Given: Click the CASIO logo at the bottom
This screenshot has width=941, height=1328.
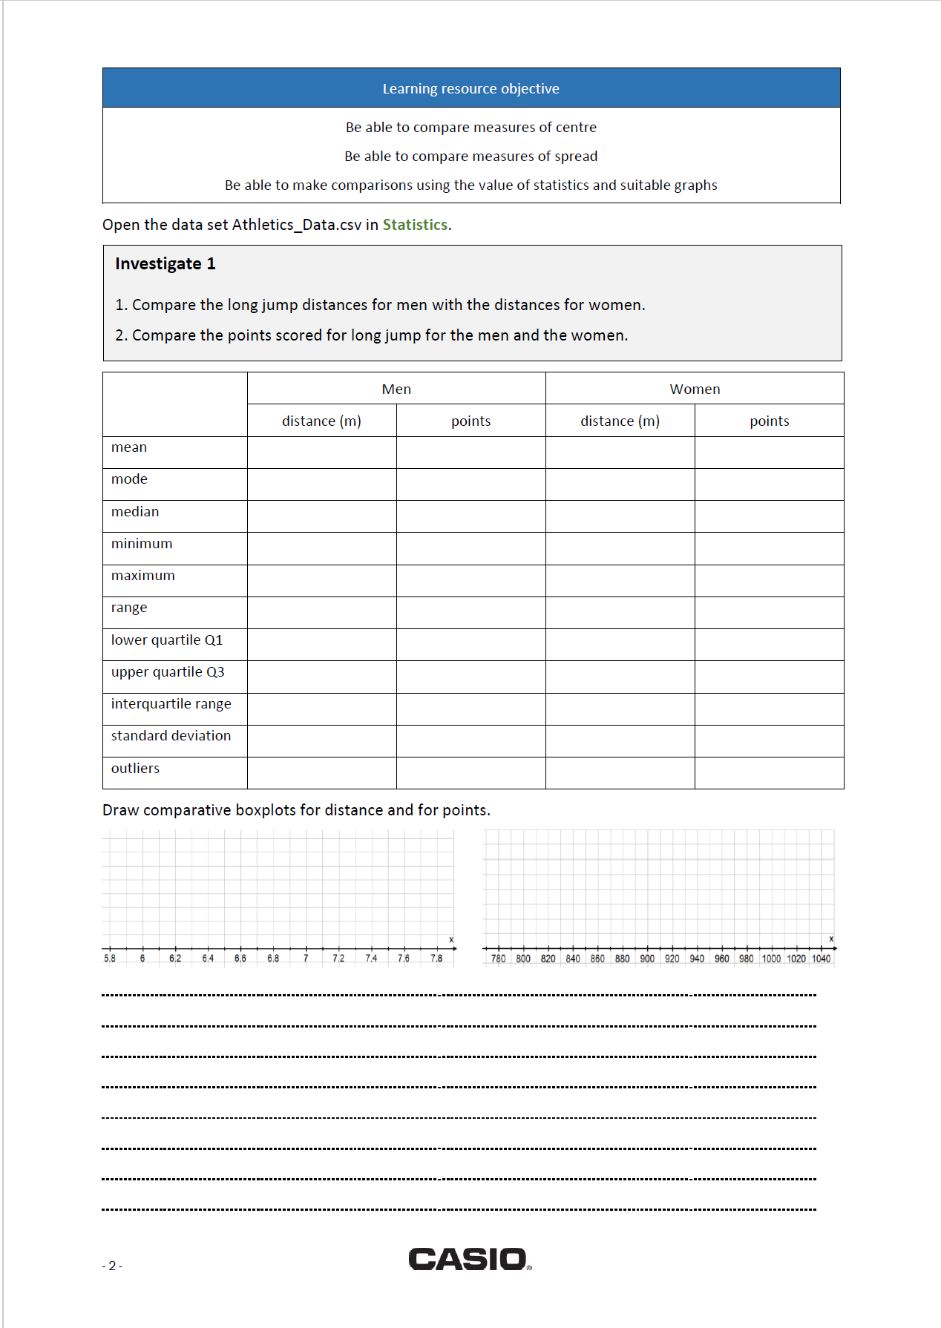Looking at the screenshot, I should tap(470, 1259).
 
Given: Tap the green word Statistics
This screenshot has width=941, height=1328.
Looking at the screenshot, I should tap(415, 225).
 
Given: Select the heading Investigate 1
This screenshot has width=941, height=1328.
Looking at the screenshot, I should tap(165, 264).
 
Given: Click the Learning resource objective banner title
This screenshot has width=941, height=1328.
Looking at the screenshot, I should tap(471, 89).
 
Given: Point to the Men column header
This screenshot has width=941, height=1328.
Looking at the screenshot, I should tap(396, 389).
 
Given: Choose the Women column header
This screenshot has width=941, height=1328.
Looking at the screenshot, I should tap(695, 389).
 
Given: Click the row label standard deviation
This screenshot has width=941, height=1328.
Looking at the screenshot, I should tap(171, 736).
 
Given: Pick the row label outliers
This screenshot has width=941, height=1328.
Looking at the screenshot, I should tap(135, 769).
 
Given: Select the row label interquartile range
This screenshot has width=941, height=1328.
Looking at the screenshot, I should tap(171, 704).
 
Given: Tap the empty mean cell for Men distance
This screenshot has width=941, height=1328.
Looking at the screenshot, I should tap(321, 453).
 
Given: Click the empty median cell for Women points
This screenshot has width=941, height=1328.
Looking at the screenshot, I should tap(769, 516).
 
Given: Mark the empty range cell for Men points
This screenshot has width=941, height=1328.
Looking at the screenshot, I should tap(471, 613).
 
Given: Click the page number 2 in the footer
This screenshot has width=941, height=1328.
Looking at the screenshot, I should tap(112, 1266).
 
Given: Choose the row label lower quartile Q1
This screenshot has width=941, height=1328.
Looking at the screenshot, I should tap(166, 640).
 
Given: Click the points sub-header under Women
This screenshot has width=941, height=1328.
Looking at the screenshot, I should tap(769, 421).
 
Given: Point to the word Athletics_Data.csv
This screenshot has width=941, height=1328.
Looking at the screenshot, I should tap(297, 225).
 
